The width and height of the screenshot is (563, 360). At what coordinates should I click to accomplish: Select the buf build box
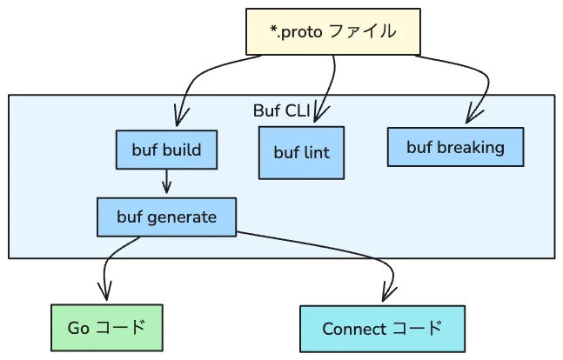click(166, 150)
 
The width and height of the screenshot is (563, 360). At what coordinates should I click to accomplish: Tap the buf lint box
click(301, 153)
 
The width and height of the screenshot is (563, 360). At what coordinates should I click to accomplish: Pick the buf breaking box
click(455, 147)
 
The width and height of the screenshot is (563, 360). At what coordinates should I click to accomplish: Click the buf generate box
click(165, 217)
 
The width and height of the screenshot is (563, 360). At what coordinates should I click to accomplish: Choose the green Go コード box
click(106, 328)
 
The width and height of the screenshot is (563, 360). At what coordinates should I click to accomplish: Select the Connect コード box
click(381, 329)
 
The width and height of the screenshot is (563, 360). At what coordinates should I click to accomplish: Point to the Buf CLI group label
click(281, 111)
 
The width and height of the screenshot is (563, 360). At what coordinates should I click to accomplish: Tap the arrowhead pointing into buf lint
click(319, 113)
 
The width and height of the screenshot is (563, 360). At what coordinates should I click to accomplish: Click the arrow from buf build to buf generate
click(166, 183)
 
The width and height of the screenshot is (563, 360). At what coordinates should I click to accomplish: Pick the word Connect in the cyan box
click(351, 329)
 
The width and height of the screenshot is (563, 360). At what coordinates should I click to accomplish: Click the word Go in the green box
click(78, 328)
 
